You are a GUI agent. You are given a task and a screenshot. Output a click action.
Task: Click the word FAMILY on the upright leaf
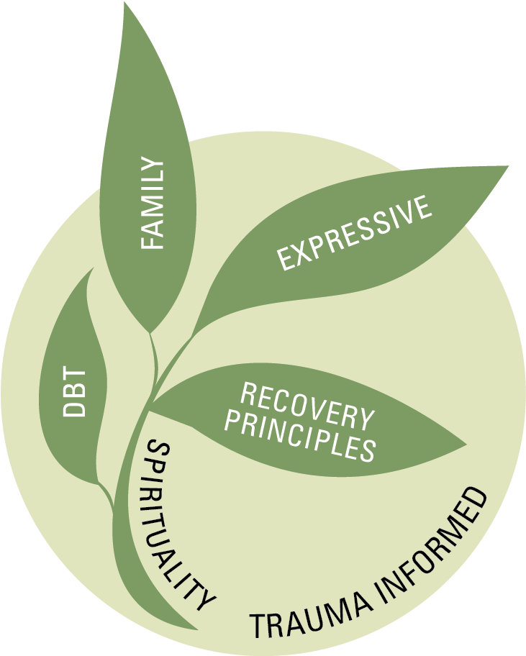click(x=153, y=204)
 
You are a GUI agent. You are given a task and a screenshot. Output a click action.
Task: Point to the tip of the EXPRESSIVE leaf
click(x=508, y=167)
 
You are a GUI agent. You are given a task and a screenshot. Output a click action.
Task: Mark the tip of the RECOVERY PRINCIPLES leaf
click(x=466, y=443)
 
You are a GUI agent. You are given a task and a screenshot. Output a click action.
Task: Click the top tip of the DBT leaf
click(x=92, y=269)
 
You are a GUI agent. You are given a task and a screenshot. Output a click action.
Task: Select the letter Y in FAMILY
click(x=154, y=166)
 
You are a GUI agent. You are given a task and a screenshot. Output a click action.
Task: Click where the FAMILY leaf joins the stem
click(x=150, y=332)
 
